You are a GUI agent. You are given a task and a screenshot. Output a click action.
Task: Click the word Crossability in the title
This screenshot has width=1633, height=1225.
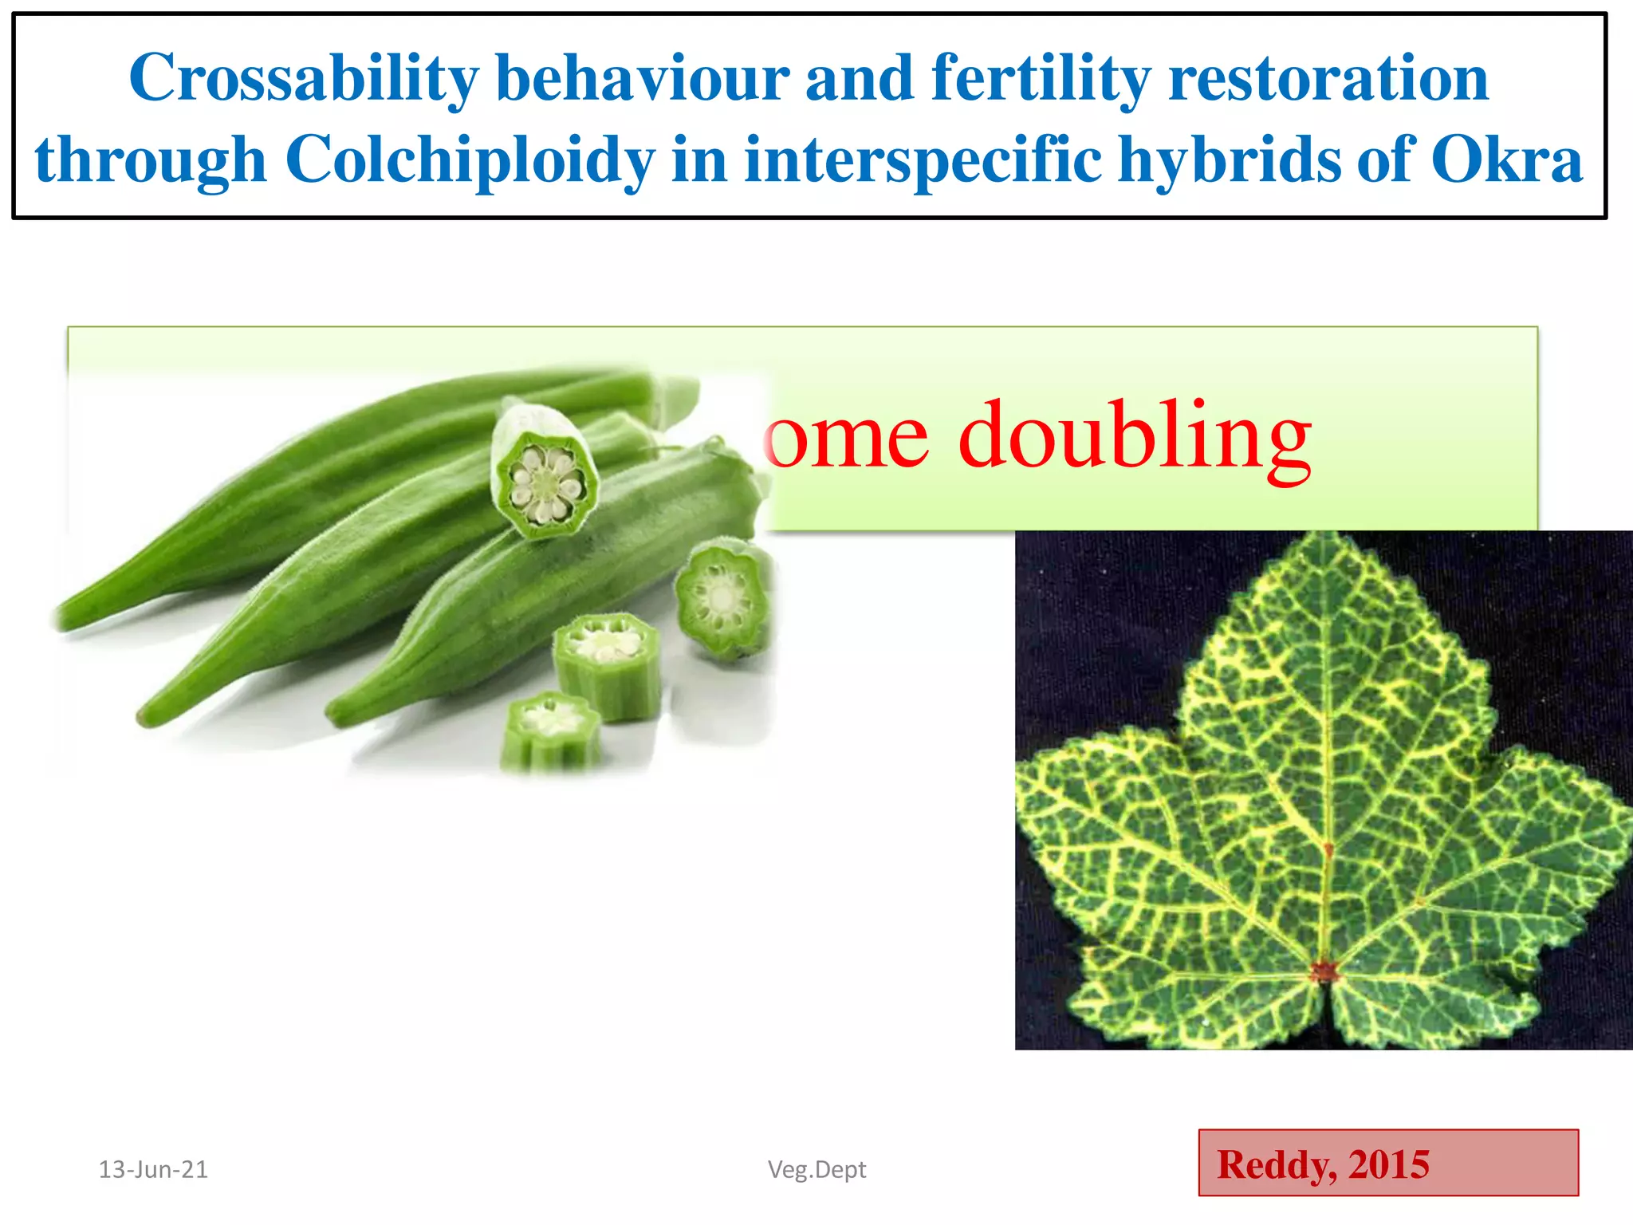pyautogui.click(x=304, y=79)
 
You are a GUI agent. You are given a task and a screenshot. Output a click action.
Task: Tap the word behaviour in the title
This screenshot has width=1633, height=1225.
pyautogui.click(x=643, y=79)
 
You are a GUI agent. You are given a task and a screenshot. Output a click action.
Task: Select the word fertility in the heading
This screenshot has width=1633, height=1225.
pyautogui.click(x=1041, y=79)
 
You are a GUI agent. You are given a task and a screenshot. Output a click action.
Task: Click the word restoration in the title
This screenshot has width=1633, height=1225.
pyautogui.click(x=1328, y=79)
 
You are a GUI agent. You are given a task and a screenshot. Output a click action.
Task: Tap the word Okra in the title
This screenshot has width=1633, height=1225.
pyautogui.click(x=1505, y=160)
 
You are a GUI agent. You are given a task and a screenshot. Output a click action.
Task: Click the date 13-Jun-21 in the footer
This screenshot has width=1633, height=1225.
pyautogui.click(x=153, y=1169)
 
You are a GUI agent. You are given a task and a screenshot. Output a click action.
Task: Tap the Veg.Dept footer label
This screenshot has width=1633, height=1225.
pyautogui.click(x=816, y=1169)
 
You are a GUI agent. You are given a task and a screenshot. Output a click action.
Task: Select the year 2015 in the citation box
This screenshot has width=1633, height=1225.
pyautogui.click(x=1388, y=1164)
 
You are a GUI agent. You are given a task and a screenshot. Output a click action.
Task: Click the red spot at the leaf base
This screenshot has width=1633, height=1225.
pyautogui.click(x=1324, y=971)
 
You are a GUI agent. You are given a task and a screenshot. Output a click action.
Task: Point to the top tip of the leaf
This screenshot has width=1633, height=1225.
pyautogui.click(x=1326, y=536)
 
